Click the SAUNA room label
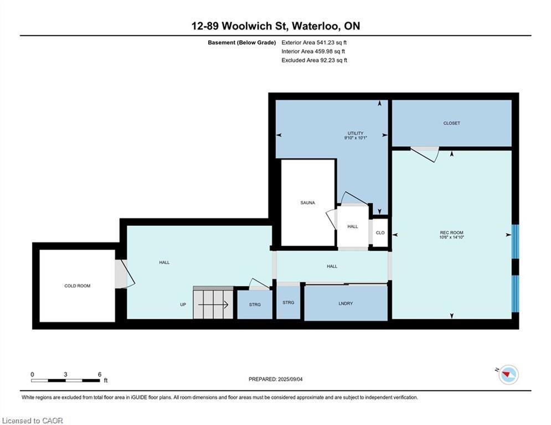[307, 203]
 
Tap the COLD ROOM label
[77, 286]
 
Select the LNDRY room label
[346, 304]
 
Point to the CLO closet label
[380, 233]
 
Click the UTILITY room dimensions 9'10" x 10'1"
[356, 138]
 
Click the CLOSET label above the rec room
[451, 123]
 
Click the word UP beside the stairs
[183, 304]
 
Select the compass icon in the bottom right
[508, 375]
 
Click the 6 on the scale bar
[100, 375]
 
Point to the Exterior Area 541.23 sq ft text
[314, 42]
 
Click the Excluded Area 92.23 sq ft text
[314, 60]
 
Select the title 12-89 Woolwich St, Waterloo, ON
[275, 26]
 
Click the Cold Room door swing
[125, 274]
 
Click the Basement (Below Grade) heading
[241, 42]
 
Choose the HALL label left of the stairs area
[164, 262]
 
